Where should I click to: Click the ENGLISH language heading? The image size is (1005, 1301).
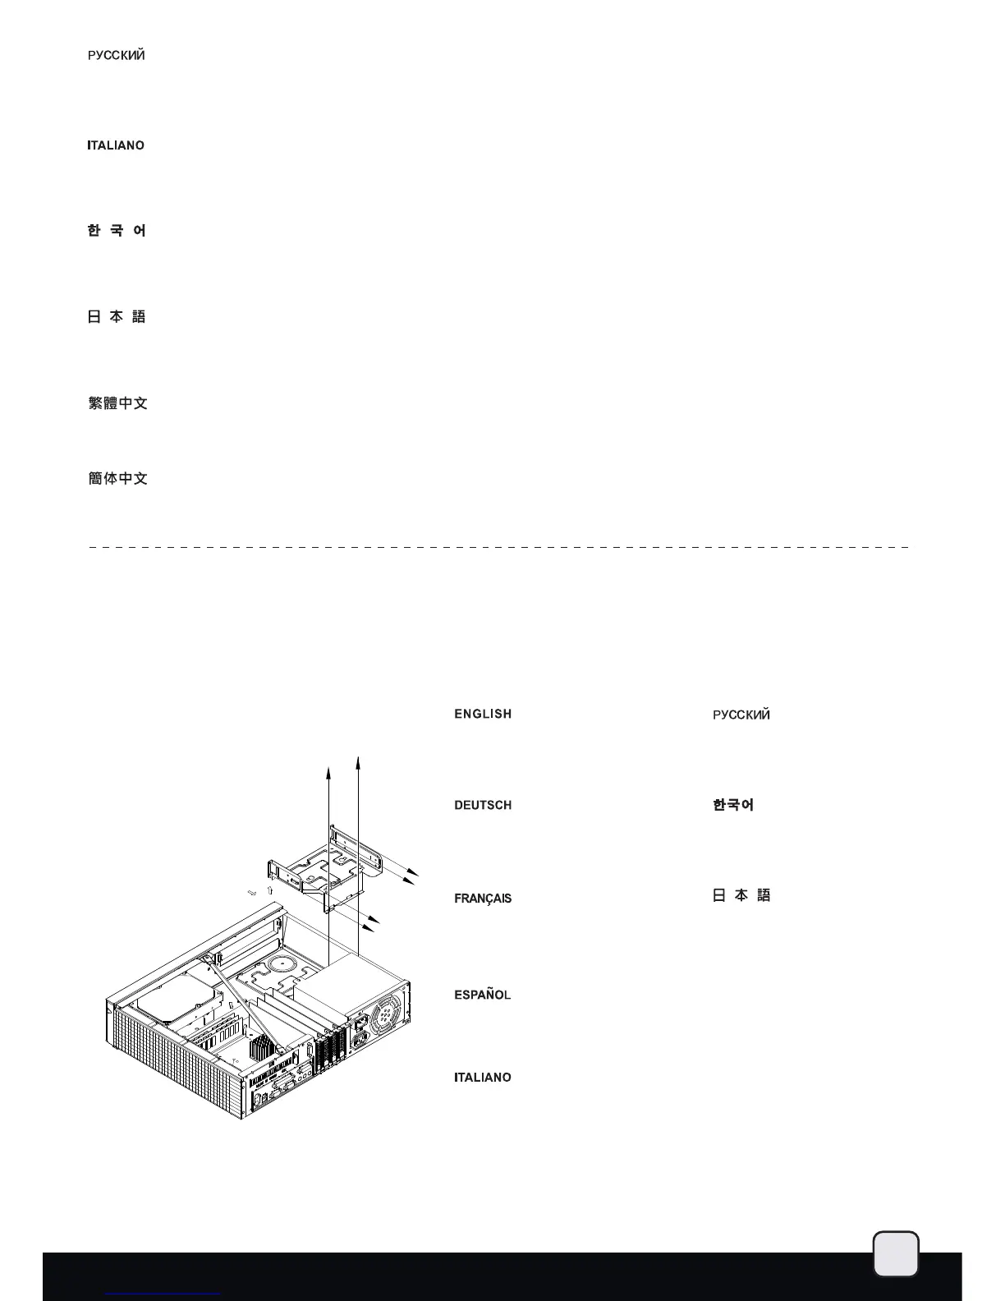pos(483,714)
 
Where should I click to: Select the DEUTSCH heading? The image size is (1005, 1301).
pos(483,805)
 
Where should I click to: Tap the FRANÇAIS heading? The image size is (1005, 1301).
pos(483,898)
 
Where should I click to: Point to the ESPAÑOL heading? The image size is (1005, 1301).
pos(483,995)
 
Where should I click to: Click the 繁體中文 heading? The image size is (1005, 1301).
pos(117,403)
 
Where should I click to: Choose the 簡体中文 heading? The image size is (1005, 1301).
pos(117,478)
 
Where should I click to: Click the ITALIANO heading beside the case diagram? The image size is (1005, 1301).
pos(483,1077)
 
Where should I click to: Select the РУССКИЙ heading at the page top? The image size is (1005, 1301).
pos(117,55)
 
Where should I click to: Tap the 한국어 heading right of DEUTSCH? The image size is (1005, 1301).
pos(733,805)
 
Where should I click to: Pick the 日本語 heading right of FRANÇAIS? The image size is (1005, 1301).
pos(741,895)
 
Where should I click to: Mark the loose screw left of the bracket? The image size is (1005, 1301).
pos(253,892)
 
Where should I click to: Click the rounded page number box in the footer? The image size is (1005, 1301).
pos(896,1254)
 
